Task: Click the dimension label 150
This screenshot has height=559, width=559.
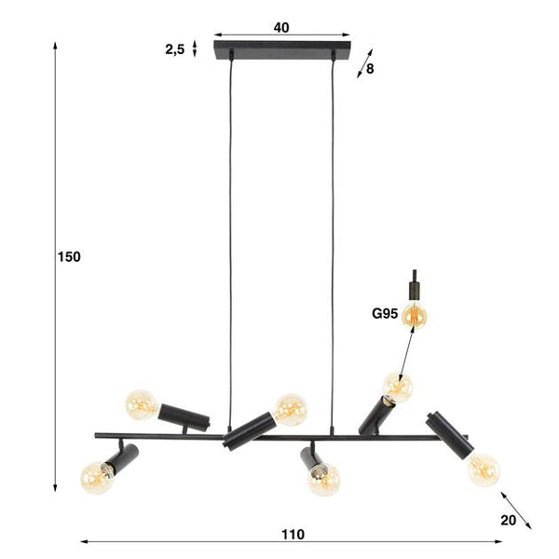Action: (x=69, y=257)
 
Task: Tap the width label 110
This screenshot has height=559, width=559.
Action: (x=293, y=534)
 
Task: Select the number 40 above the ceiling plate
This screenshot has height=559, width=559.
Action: (x=281, y=27)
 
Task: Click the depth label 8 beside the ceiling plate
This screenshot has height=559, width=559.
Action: (x=370, y=68)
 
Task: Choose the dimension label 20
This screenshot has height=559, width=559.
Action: (x=508, y=521)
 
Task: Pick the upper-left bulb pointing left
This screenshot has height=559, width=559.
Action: (x=142, y=403)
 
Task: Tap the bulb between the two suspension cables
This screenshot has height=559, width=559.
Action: (x=291, y=408)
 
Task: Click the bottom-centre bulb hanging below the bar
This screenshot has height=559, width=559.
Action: (x=323, y=479)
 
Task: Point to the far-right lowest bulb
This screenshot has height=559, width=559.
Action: (x=483, y=468)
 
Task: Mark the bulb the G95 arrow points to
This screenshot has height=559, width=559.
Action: (x=398, y=386)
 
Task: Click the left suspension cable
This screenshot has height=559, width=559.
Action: (x=230, y=233)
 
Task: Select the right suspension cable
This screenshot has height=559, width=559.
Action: (x=333, y=233)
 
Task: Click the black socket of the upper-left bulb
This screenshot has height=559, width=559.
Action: (x=184, y=415)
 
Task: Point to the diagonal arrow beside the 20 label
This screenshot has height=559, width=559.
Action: (x=516, y=509)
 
